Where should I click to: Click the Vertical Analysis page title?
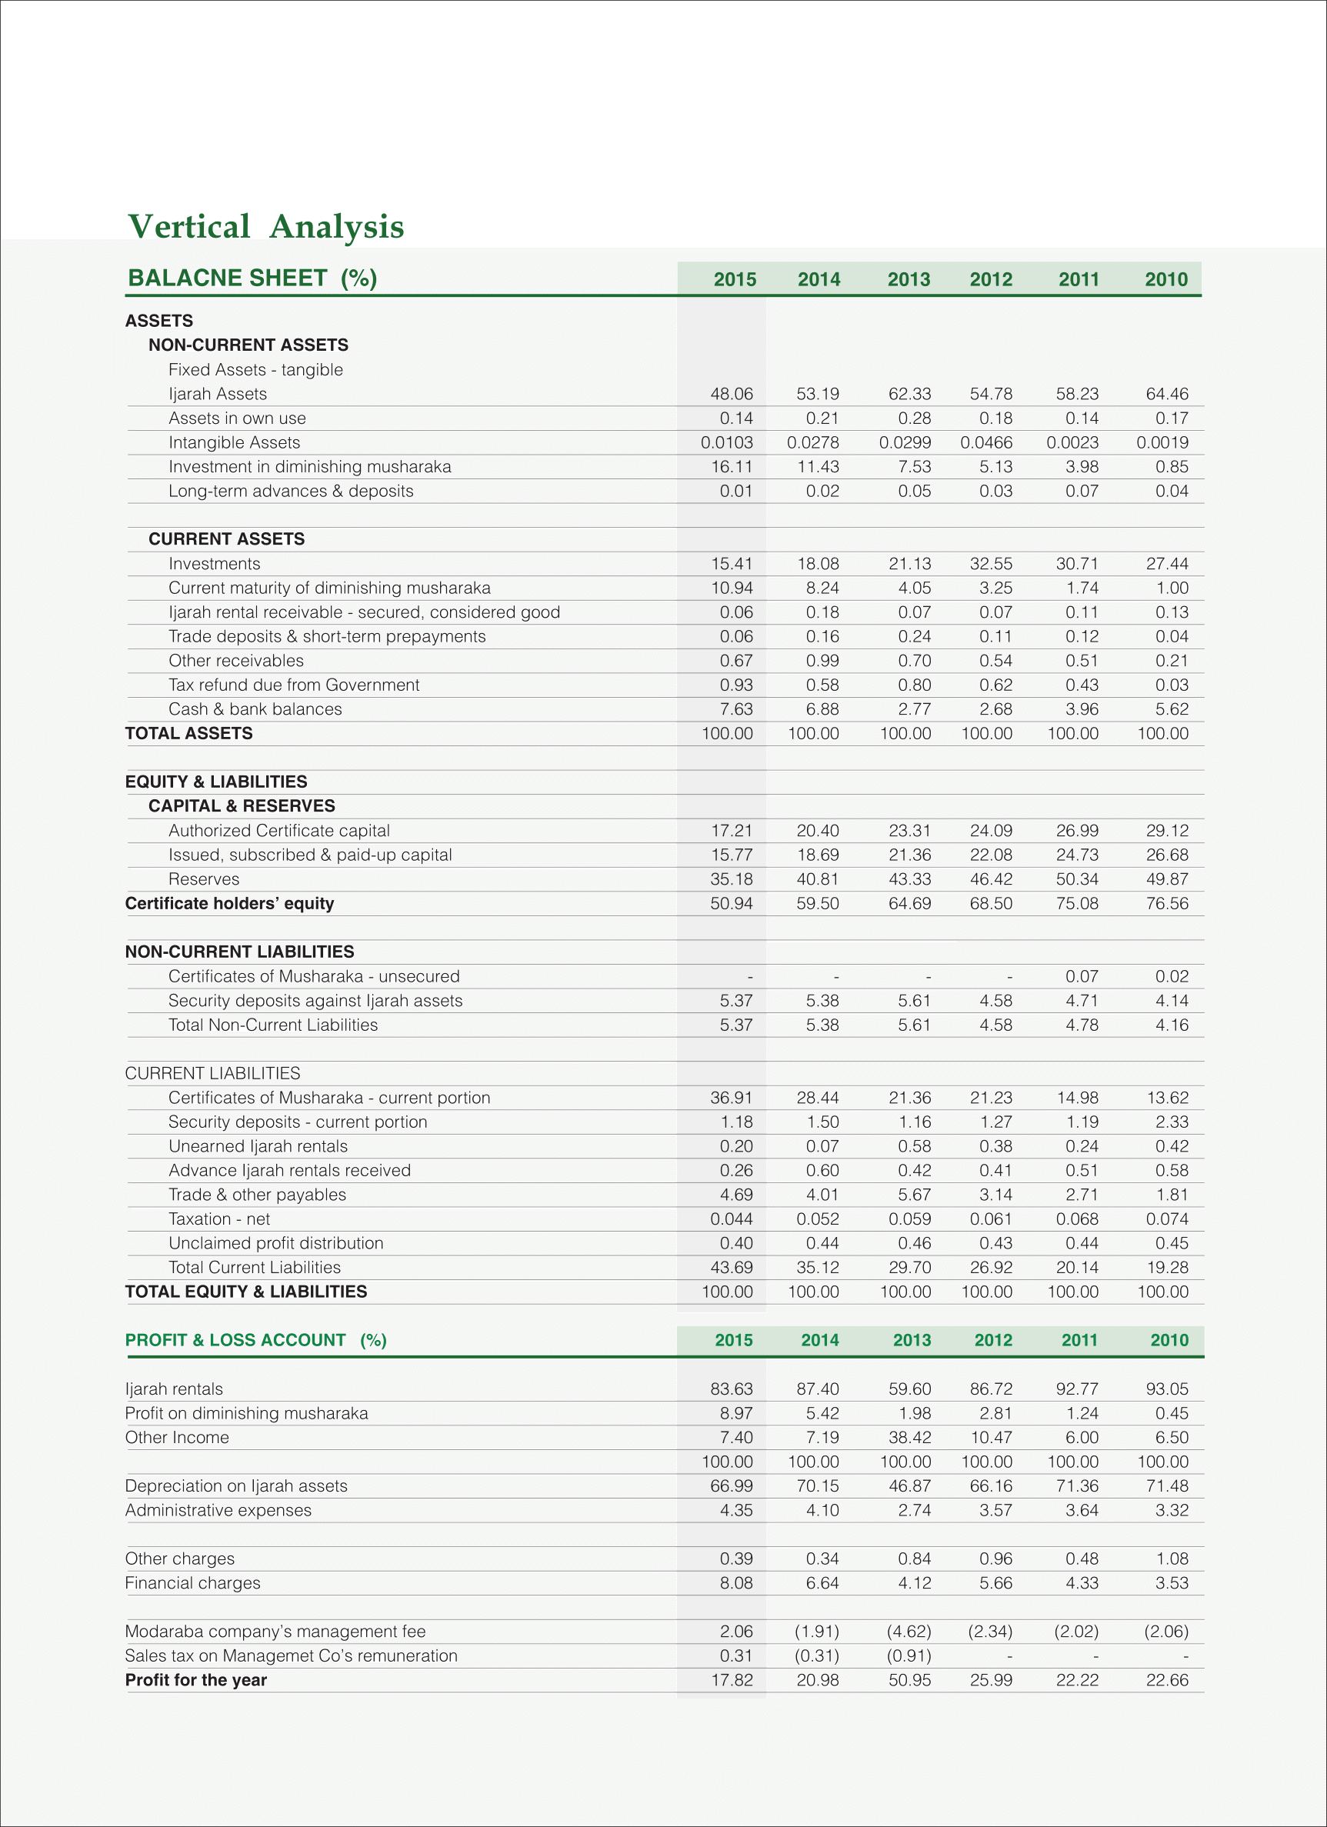(x=266, y=226)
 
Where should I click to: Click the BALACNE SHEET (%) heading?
(x=252, y=278)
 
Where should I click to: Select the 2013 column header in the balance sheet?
(x=908, y=279)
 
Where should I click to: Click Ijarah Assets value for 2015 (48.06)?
(x=731, y=394)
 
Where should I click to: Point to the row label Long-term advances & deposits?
(x=290, y=491)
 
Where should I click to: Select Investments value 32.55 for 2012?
(x=990, y=564)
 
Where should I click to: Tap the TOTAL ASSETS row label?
(x=188, y=733)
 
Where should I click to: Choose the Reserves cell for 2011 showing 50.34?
(x=1076, y=878)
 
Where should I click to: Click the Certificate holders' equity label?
(x=228, y=903)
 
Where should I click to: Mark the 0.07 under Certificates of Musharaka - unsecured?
(x=1082, y=976)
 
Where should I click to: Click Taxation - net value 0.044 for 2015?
(x=731, y=1219)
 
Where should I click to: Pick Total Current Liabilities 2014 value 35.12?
(x=817, y=1267)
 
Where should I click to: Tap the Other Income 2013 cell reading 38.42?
(x=909, y=1437)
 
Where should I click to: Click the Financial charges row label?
(x=192, y=1583)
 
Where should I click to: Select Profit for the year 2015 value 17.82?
(x=731, y=1679)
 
